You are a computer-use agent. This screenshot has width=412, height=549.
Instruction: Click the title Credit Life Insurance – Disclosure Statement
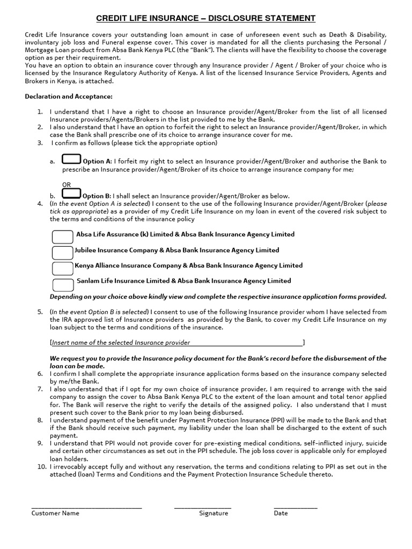[x=205, y=18]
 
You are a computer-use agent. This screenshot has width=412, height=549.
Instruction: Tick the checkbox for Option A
[x=71, y=160]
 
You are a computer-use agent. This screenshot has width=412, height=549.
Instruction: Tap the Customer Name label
[x=55, y=513]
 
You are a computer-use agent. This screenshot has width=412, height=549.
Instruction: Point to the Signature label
[x=214, y=513]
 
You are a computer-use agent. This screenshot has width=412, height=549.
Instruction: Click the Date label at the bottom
[x=281, y=513]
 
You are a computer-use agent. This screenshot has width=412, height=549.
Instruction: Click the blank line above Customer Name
[x=86, y=507]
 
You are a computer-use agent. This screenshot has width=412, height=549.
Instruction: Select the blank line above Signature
[x=202, y=507]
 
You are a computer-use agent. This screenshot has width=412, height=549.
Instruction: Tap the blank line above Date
[x=295, y=507]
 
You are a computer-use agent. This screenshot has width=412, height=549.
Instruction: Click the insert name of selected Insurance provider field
[x=177, y=343]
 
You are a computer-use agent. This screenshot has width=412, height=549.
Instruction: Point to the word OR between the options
[x=66, y=184]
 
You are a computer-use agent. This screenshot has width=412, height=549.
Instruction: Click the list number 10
[x=41, y=467]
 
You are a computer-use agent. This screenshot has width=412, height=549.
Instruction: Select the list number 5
[x=40, y=311]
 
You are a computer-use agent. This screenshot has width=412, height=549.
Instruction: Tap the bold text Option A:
[x=97, y=161]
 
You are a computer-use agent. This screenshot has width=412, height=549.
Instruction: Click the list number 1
[x=40, y=112]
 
